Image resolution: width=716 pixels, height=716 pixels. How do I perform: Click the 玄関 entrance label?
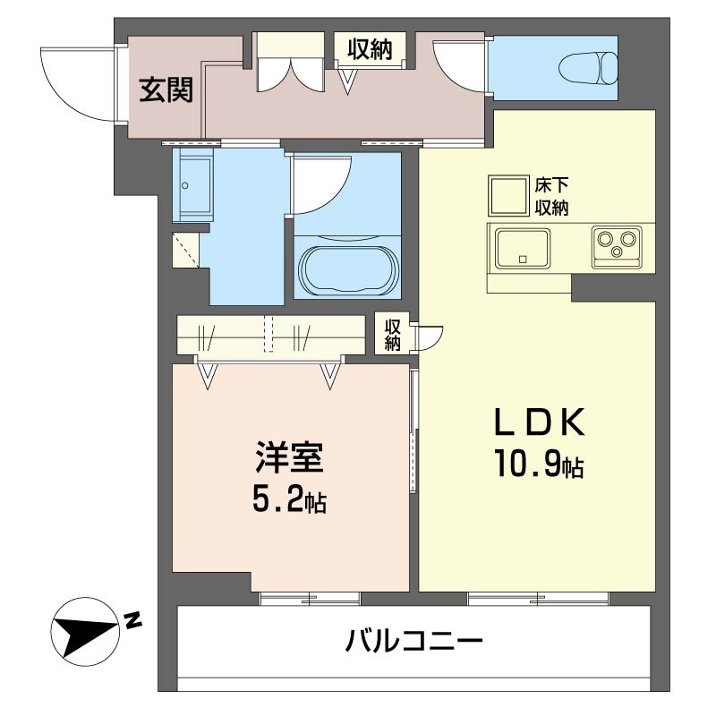click(x=166, y=89)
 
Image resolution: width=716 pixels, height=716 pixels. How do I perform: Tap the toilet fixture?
click(x=589, y=67)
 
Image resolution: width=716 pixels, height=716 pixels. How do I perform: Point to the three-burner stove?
click(x=616, y=244)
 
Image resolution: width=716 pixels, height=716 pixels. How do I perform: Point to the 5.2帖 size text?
click(x=287, y=499)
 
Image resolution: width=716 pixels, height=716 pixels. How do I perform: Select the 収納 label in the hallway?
click(x=370, y=49)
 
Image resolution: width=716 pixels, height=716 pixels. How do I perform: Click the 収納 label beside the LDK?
click(x=392, y=333)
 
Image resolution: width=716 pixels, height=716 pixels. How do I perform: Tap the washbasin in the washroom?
click(x=192, y=186)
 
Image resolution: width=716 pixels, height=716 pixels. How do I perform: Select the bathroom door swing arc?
click(x=320, y=183)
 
